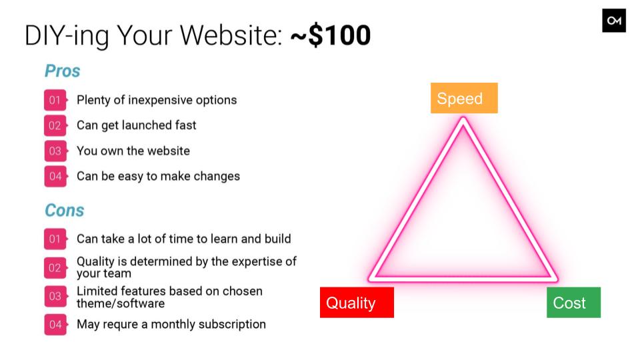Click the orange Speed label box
pyautogui.click(x=464, y=98)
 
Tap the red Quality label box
pyautogui.click(x=357, y=303)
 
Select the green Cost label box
pyautogui.click(x=573, y=303)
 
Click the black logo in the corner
pyautogui.click(x=614, y=21)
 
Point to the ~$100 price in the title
pyautogui.click(x=331, y=35)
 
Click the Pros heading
pyautogui.click(x=63, y=71)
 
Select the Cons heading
pyautogui.click(x=65, y=211)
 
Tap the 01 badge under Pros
pyautogui.click(x=55, y=100)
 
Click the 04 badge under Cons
pyautogui.click(x=55, y=325)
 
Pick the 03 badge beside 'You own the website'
pyautogui.click(x=55, y=151)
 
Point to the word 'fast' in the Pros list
pyautogui.click(x=186, y=125)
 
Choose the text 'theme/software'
pyautogui.click(x=121, y=304)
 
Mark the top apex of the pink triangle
pyautogui.click(x=463, y=119)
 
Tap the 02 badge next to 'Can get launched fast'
pyautogui.click(x=55, y=125)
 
